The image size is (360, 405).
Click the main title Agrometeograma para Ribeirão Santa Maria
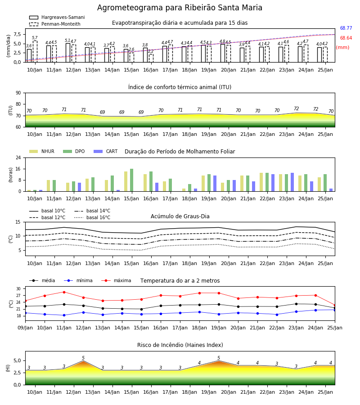point(180,8)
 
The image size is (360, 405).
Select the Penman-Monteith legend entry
point(55,24)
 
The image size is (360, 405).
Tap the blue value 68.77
point(346,28)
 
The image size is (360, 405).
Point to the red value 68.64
point(346,38)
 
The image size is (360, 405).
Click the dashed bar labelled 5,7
point(35,51)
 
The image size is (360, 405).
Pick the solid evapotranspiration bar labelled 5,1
point(68,53)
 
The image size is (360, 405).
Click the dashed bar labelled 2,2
point(151,58)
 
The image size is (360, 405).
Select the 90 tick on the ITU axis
point(18,93)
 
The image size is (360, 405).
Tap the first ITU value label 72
point(296,109)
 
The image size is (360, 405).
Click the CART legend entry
point(106,151)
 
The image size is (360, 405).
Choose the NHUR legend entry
point(42,151)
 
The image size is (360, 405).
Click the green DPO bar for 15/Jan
point(132,180)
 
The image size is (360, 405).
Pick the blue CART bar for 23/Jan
point(292,182)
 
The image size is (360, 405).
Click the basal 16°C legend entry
point(92,217)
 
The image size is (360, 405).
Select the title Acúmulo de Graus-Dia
point(180,216)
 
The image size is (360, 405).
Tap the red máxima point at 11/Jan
point(64,292)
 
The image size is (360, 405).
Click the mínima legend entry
point(78,280)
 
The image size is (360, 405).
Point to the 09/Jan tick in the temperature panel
point(25,328)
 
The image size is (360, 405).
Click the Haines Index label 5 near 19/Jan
point(219,358)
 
